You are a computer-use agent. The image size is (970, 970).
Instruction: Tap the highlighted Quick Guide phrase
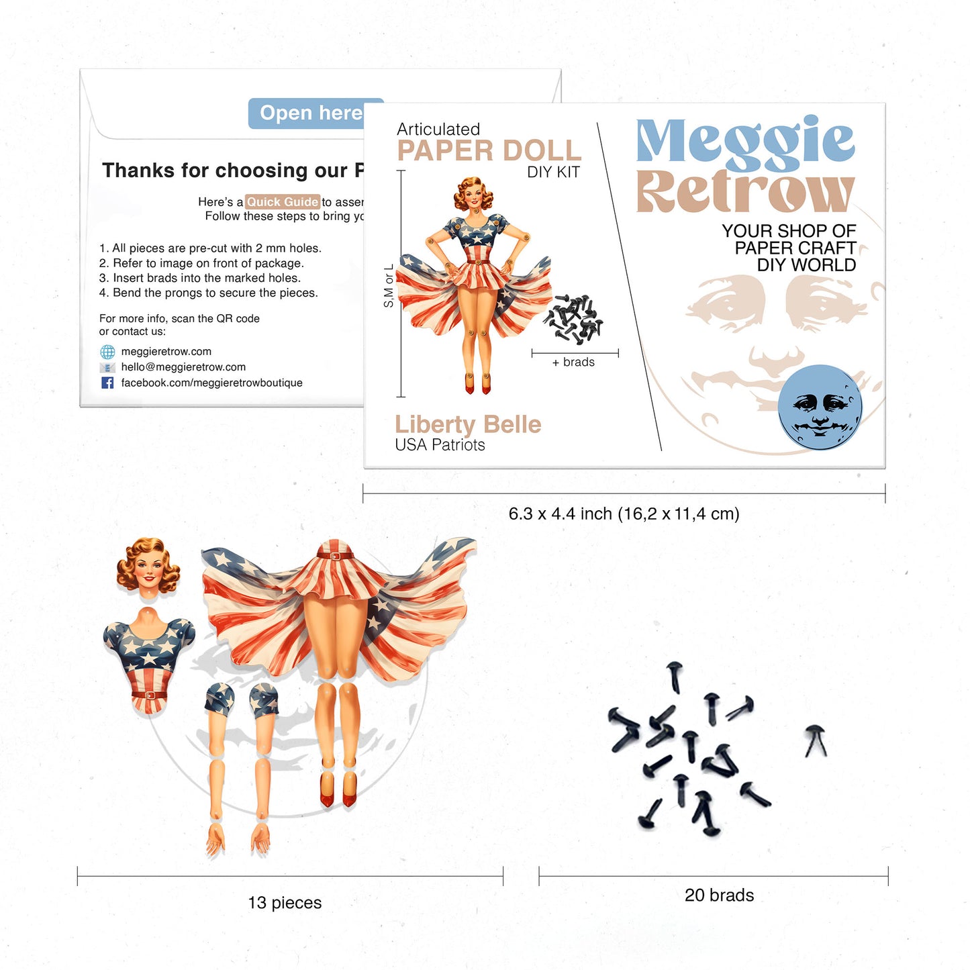(x=282, y=202)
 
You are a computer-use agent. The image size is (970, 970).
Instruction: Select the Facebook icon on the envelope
(x=107, y=383)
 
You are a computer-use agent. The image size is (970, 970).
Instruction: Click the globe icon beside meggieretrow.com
(x=107, y=352)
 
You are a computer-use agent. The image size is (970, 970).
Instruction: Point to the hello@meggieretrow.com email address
(x=183, y=367)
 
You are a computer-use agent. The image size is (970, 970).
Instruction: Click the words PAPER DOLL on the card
(x=489, y=151)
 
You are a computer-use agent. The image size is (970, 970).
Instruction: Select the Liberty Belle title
(x=468, y=424)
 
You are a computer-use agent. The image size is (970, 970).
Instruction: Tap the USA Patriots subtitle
(x=440, y=445)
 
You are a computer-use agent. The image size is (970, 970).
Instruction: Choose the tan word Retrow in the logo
(x=745, y=192)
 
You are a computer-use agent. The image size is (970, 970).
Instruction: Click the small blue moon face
(x=820, y=407)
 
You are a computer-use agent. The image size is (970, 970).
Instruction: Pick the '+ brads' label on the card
(x=573, y=362)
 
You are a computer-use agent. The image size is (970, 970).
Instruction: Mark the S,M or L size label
(x=389, y=286)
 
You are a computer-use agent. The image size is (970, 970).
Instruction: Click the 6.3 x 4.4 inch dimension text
(x=624, y=514)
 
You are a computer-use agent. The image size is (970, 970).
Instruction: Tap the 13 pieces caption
(x=285, y=903)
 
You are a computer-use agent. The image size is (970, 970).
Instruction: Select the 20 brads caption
(x=719, y=895)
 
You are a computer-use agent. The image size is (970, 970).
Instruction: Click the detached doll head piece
(x=148, y=566)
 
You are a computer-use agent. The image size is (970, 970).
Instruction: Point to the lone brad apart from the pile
(x=816, y=740)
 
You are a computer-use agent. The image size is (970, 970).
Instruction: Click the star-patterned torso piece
(x=149, y=658)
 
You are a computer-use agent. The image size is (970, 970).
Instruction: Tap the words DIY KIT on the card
(x=553, y=173)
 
